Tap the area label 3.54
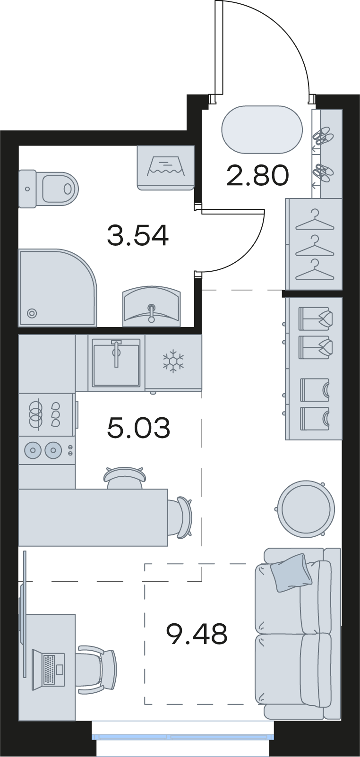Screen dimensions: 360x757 pos(137,236)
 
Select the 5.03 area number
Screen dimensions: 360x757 pos(138,428)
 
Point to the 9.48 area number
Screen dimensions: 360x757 pos(197,634)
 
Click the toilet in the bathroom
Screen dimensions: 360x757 pos(48,188)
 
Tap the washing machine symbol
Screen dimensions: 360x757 pos(166,167)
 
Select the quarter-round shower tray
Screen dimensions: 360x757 pos(58,288)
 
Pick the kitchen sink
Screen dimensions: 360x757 pos(116,363)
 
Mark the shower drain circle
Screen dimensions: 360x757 pos(32,313)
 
